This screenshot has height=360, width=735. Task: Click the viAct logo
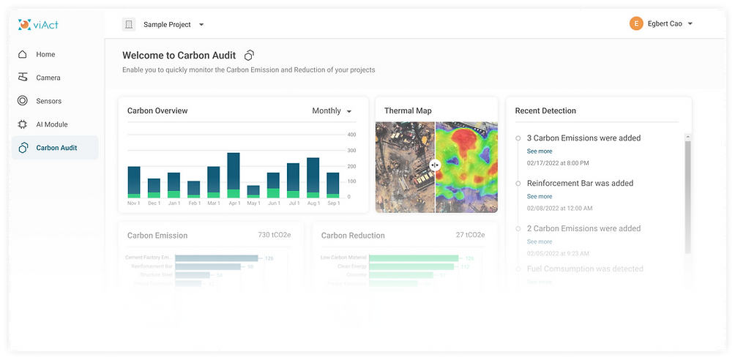click(40, 25)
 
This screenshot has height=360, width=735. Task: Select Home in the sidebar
click(45, 54)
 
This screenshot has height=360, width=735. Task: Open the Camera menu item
click(48, 78)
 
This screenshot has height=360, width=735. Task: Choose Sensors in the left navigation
click(48, 101)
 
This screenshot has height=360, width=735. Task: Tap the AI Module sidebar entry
click(51, 124)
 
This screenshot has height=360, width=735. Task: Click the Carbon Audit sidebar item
click(56, 148)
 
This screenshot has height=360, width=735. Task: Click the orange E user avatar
click(636, 24)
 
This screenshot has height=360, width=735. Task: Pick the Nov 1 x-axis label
click(133, 203)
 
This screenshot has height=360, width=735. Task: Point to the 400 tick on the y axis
click(351, 135)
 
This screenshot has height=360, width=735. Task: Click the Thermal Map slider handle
click(435, 165)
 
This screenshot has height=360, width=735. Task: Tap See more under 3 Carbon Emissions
click(540, 151)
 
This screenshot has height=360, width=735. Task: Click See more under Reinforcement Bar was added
click(540, 196)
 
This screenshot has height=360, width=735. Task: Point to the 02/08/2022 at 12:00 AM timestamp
click(559, 208)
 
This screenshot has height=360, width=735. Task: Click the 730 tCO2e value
click(274, 235)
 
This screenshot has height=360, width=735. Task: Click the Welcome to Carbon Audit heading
click(179, 55)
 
